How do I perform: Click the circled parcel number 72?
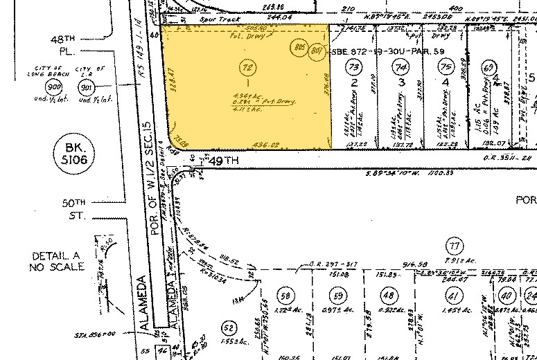tap(247, 68)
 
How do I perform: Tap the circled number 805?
tap(299, 48)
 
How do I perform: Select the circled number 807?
tap(316, 50)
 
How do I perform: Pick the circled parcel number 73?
tap(354, 67)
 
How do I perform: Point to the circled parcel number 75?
tap(445, 67)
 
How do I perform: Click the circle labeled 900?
tap(51, 88)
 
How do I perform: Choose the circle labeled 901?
tap(87, 88)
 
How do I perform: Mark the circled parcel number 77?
tap(455, 246)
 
